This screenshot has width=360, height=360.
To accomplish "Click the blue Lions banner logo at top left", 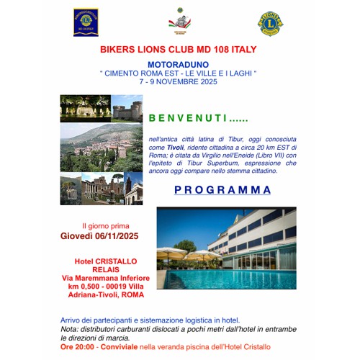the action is [86, 22].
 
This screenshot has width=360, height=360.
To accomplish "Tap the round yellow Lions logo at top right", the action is [271, 22].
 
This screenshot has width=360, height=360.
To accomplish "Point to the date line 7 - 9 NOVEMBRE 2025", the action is [179, 81].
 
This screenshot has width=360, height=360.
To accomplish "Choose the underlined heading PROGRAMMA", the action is [222, 190].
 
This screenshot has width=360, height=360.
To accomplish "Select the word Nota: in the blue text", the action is [71, 328].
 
